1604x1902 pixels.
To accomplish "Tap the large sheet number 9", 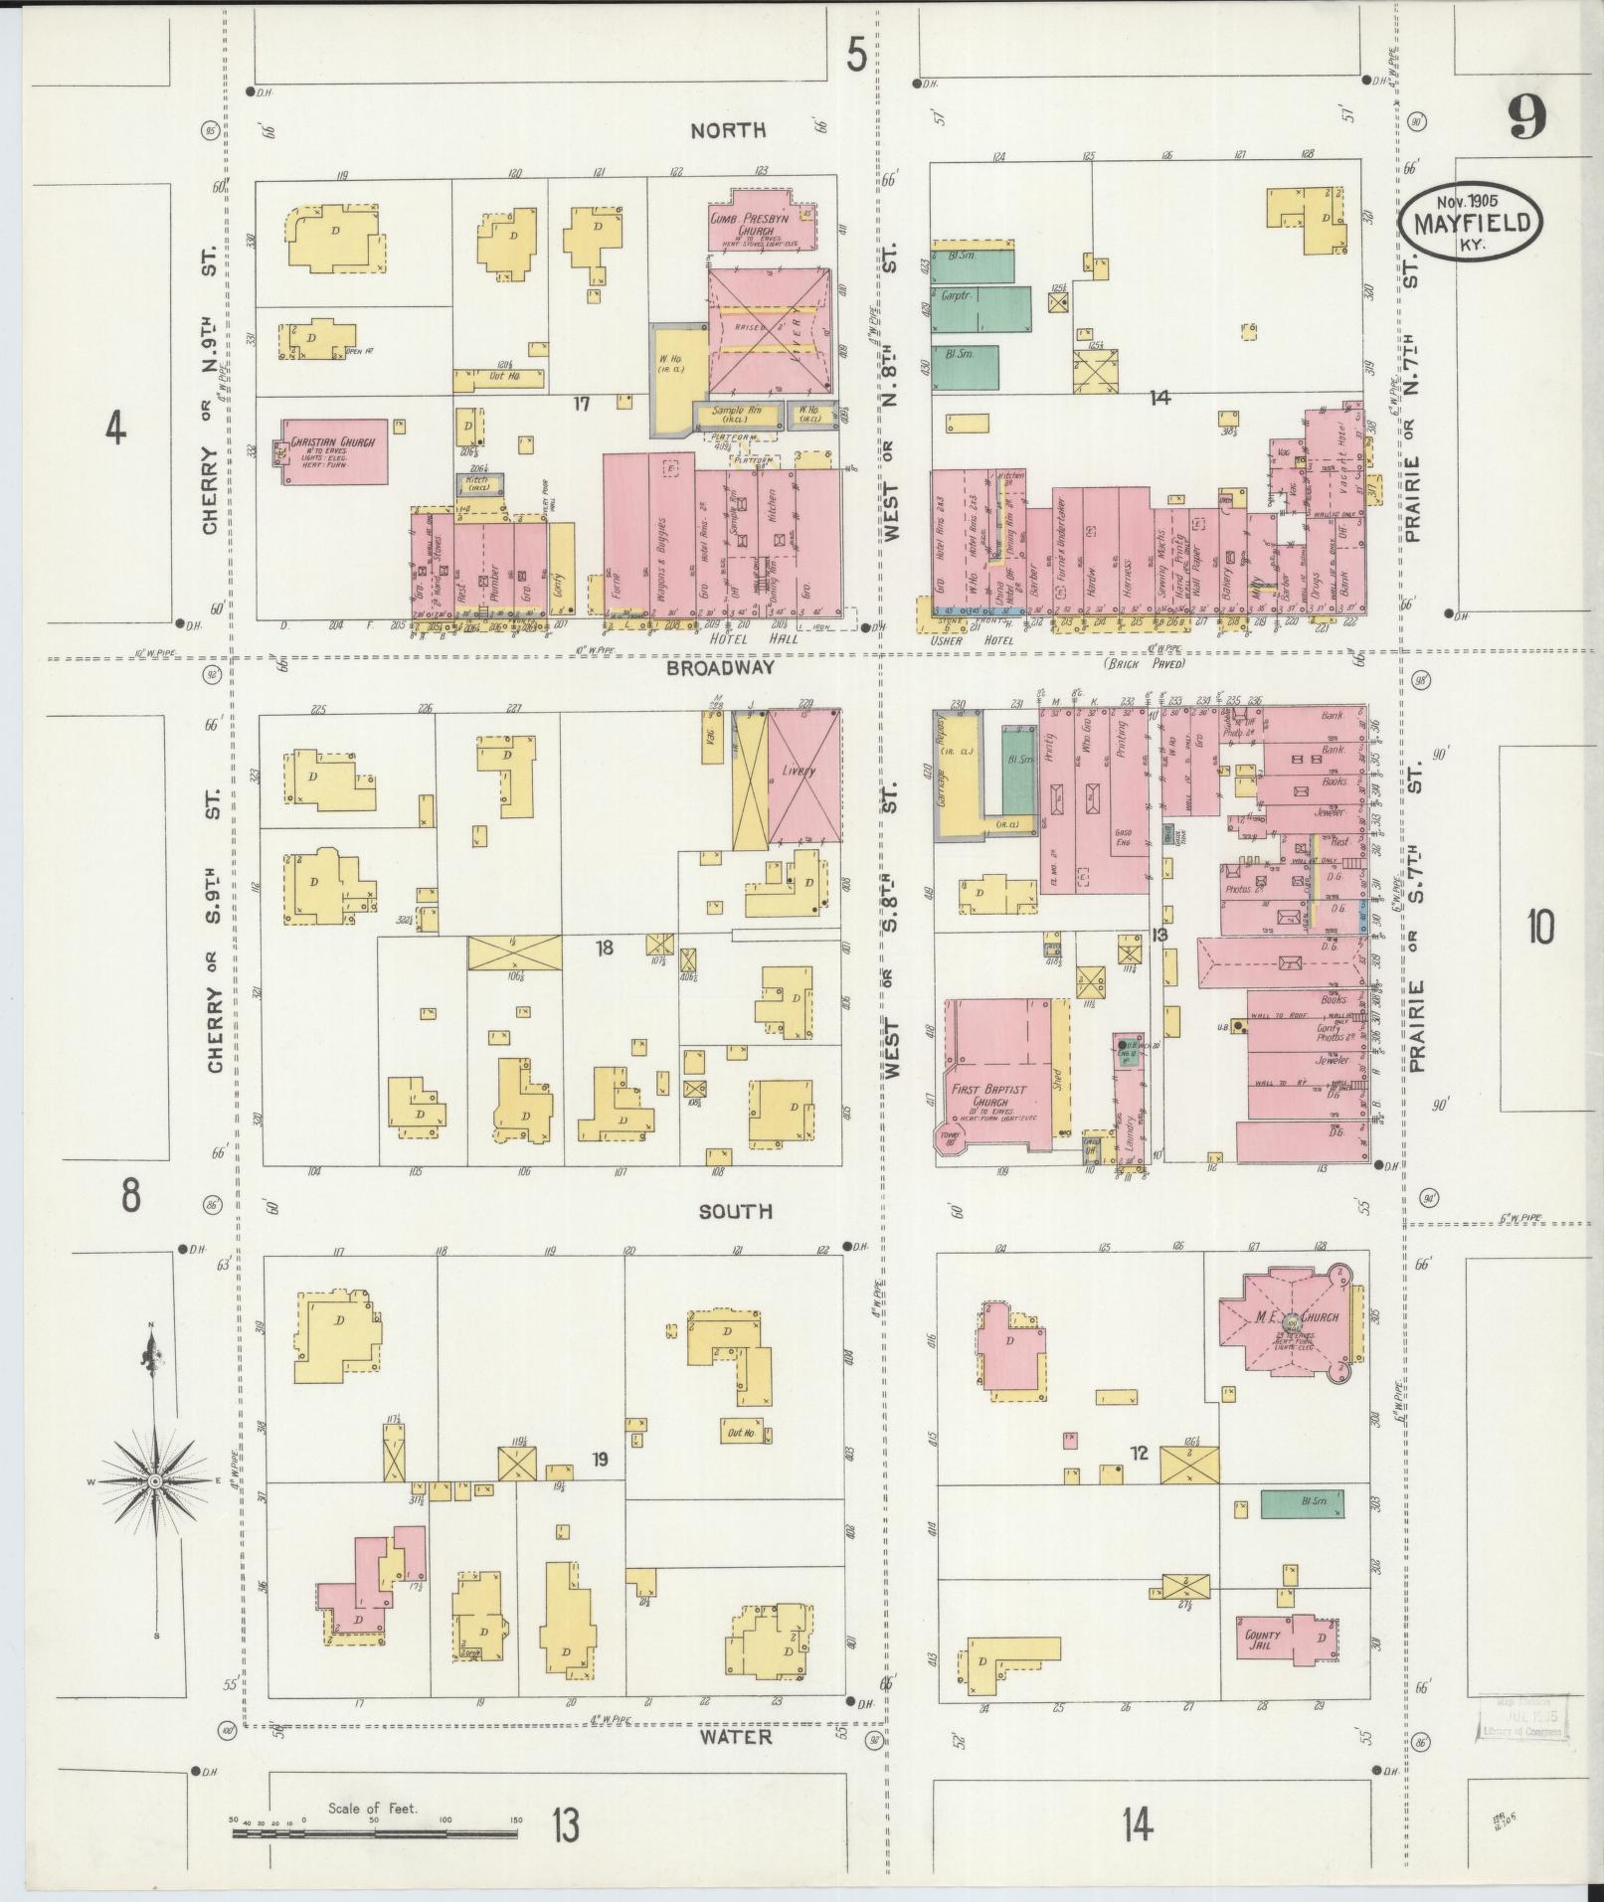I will (1525, 120).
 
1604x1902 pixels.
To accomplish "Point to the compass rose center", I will (155, 1482).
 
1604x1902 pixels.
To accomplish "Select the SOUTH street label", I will (736, 1211).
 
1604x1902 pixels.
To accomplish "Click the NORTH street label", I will (729, 130).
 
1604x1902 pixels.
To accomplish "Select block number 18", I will (605, 949).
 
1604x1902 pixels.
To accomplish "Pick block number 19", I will (600, 1460).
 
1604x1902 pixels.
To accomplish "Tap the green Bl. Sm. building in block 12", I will (1302, 1503).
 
